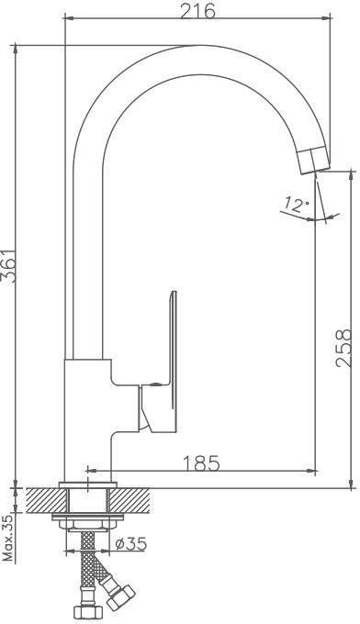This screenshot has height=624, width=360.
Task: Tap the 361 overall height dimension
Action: point(9,266)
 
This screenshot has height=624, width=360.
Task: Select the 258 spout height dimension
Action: point(343,348)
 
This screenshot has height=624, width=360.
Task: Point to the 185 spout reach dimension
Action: point(201,462)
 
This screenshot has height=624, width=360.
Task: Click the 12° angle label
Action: point(297,205)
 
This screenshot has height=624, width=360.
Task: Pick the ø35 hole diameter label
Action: point(131,543)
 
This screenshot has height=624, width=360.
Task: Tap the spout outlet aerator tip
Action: point(315,160)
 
